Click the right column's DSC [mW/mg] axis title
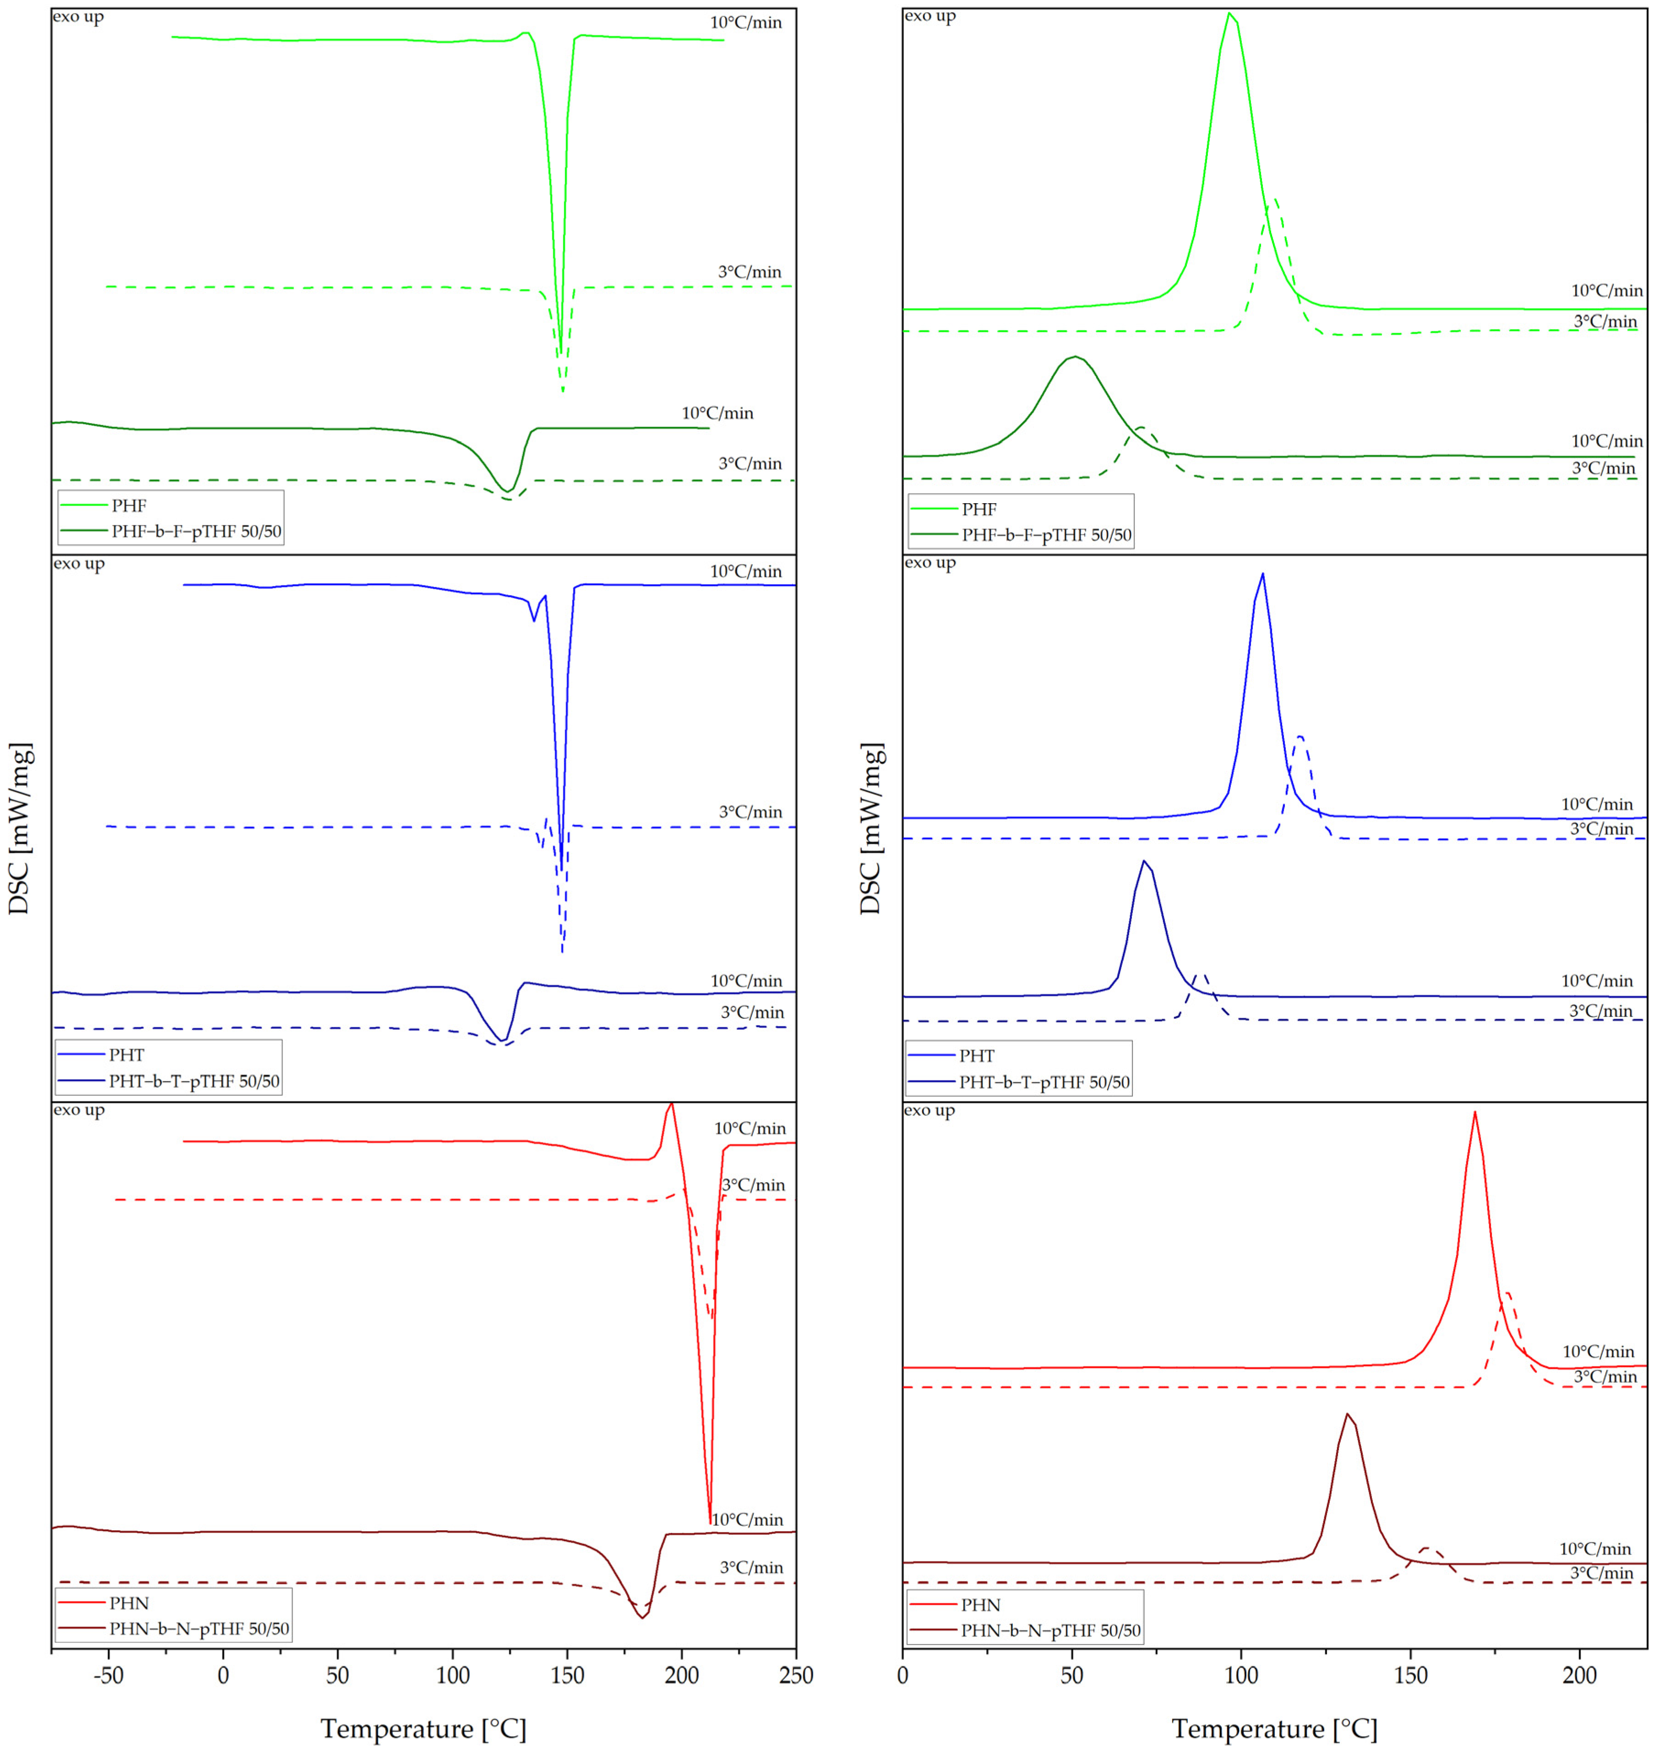pos(870,828)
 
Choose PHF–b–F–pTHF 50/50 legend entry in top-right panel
pos(1047,535)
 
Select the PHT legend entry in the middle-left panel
pos(127,1055)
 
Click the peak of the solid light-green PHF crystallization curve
pos(1229,13)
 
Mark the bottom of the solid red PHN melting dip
pos(710,1522)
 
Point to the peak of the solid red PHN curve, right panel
pos(1474,1112)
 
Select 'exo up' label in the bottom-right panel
pos(930,1110)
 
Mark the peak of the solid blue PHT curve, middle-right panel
pos(1263,574)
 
